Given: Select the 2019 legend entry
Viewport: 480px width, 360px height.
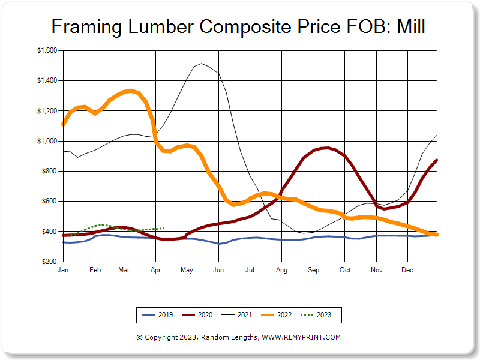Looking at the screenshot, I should (157, 314).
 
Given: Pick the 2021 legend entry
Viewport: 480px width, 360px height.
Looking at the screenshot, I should (237, 314).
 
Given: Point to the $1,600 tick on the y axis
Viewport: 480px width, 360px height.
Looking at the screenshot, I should (47, 51).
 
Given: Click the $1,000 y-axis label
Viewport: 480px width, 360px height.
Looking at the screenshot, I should (47, 141).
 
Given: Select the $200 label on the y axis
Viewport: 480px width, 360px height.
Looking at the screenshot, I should (49, 262).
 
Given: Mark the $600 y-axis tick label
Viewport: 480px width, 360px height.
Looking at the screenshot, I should (49, 202).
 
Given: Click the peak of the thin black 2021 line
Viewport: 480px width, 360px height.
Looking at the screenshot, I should (201, 63).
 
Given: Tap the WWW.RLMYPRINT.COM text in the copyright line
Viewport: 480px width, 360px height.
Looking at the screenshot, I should (302, 337).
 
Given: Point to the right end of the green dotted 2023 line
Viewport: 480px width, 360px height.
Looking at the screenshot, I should (163, 229).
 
